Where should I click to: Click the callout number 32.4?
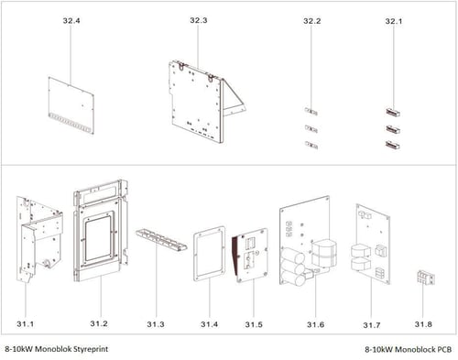point(71,21)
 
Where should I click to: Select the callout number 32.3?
point(199,20)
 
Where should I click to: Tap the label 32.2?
point(312,21)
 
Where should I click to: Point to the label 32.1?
point(394,21)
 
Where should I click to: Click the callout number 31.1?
point(26,323)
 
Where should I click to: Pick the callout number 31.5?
point(254,324)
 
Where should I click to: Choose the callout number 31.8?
point(423,324)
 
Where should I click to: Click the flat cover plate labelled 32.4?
point(71,105)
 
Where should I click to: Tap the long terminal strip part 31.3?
point(161,240)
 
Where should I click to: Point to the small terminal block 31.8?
point(426,278)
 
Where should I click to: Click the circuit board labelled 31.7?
point(373,244)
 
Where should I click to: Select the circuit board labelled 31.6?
point(305,241)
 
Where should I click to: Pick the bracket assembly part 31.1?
point(39,239)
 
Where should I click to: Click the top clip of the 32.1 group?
point(393,112)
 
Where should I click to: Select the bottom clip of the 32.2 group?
point(311,145)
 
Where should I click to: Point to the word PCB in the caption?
point(445,349)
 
